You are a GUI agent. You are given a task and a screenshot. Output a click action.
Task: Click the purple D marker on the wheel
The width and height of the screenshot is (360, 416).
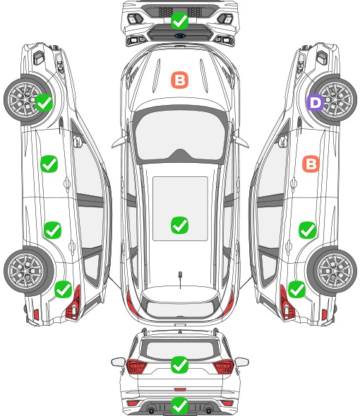pos(315,102)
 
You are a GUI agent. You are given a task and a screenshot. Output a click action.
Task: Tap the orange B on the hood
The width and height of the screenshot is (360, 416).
pos(179,80)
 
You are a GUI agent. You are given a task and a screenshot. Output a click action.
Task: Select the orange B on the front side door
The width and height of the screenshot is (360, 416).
pos(311,164)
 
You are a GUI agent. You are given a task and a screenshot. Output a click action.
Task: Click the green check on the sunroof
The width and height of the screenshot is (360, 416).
pos(179,225)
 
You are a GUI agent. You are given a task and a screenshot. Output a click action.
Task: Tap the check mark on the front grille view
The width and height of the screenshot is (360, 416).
pos(179,20)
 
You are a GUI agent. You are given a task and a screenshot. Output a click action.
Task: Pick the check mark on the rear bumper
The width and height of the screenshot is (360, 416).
pos(179,405)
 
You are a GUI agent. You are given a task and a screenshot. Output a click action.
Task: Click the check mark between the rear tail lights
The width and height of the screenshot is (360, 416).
pos(179,365)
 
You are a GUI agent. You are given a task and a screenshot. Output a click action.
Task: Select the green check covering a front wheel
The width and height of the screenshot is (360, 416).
pos(44,102)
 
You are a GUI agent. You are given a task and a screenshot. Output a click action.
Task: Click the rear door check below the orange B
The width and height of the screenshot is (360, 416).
pos(307,230)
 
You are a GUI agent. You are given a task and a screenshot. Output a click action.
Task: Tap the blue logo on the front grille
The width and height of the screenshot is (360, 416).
pos(179,35)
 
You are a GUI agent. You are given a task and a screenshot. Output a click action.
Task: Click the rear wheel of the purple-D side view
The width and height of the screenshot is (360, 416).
pos(332,271)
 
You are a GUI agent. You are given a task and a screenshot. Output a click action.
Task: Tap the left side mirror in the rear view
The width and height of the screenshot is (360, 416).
pos(118,362)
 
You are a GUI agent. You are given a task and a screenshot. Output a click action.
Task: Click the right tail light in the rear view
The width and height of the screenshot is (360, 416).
pos(224,367)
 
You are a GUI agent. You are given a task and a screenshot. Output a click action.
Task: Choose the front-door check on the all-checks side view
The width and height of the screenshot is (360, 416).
pos(49,164)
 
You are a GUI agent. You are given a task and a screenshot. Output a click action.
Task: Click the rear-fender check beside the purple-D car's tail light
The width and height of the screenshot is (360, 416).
pos(296,289)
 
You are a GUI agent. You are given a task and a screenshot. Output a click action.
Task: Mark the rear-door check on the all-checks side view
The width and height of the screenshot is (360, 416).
pos(52,230)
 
